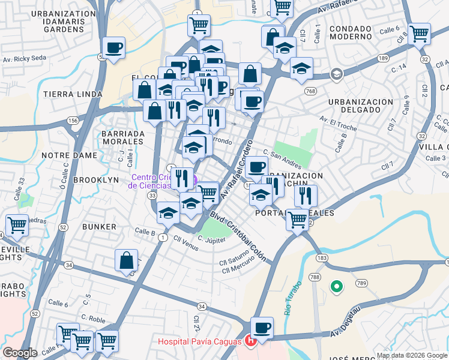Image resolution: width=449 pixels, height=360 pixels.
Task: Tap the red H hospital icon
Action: point(251,341)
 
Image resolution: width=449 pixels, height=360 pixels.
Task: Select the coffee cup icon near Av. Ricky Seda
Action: point(113,48)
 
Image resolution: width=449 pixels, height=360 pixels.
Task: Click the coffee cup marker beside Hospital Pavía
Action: point(262,328)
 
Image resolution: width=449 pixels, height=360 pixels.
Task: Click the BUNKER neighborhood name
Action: point(100,227)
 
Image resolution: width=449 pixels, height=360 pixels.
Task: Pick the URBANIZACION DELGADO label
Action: point(363,106)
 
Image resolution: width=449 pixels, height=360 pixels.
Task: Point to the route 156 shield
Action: point(74,121)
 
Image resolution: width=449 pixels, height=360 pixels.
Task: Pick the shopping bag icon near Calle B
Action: point(127,261)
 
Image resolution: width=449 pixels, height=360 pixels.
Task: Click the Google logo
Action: point(20,353)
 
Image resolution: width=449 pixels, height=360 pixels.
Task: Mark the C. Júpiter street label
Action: point(211,241)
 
